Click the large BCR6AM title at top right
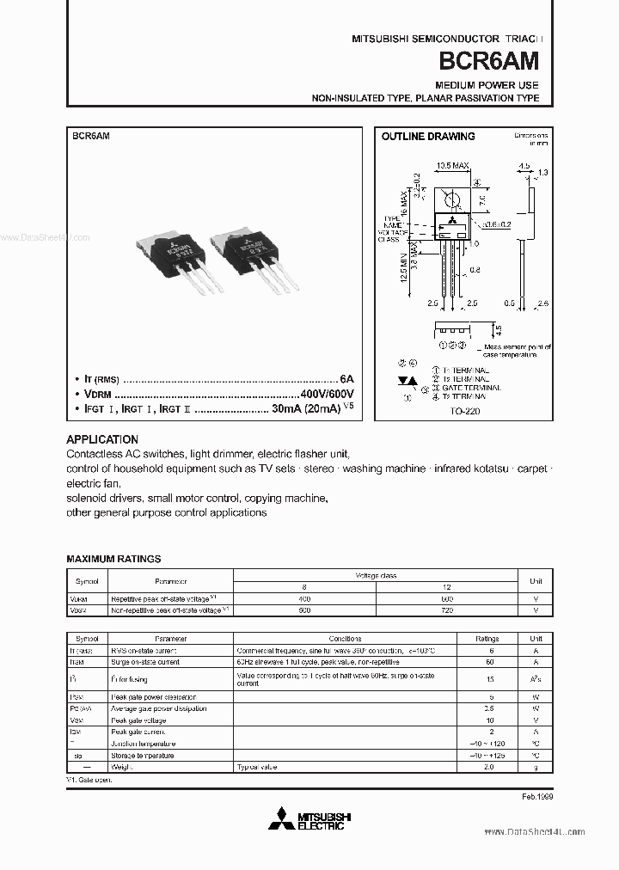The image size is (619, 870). [489, 61]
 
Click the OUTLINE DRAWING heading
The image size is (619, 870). [427, 137]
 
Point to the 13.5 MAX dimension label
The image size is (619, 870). [451, 165]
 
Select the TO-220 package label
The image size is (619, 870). [467, 411]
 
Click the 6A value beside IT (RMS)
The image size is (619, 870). [346, 377]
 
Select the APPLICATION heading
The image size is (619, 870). [101, 438]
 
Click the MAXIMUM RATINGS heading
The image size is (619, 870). [113, 558]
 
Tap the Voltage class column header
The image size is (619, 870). [376, 575]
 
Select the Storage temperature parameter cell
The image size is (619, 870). [142, 755]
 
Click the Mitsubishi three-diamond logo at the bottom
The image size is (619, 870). [279, 819]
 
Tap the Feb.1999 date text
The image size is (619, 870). [536, 797]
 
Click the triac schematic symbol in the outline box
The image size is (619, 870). [408, 380]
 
